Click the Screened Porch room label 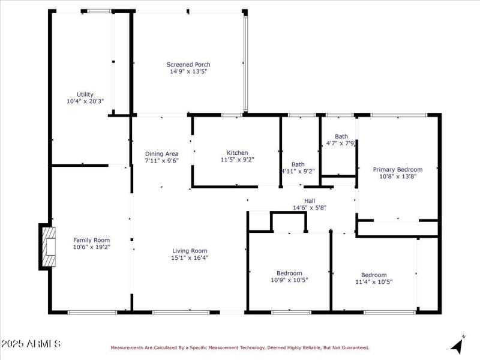click(x=188, y=64)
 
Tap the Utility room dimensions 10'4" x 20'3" click(x=85, y=101)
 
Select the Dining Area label click(x=161, y=154)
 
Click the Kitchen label click(x=237, y=152)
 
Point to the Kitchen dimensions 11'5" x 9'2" click(x=237, y=160)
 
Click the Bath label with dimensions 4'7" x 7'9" click(x=341, y=136)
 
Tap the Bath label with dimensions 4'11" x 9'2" click(x=298, y=164)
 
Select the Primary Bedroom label click(x=397, y=169)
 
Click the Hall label click(x=310, y=201)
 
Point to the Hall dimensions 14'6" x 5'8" click(x=310, y=208)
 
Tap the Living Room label click(x=190, y=251)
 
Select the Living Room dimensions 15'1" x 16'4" click(x=190, y=258)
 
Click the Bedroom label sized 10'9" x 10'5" click(x=289, y=273)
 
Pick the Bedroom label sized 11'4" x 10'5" click(x=374, y=274)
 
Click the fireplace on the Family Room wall click(x=47, y=246)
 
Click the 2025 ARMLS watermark click(x=31, y=344)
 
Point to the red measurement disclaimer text click(x=239, y=347)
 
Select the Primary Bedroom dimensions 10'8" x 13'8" click(x=397, y=176)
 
